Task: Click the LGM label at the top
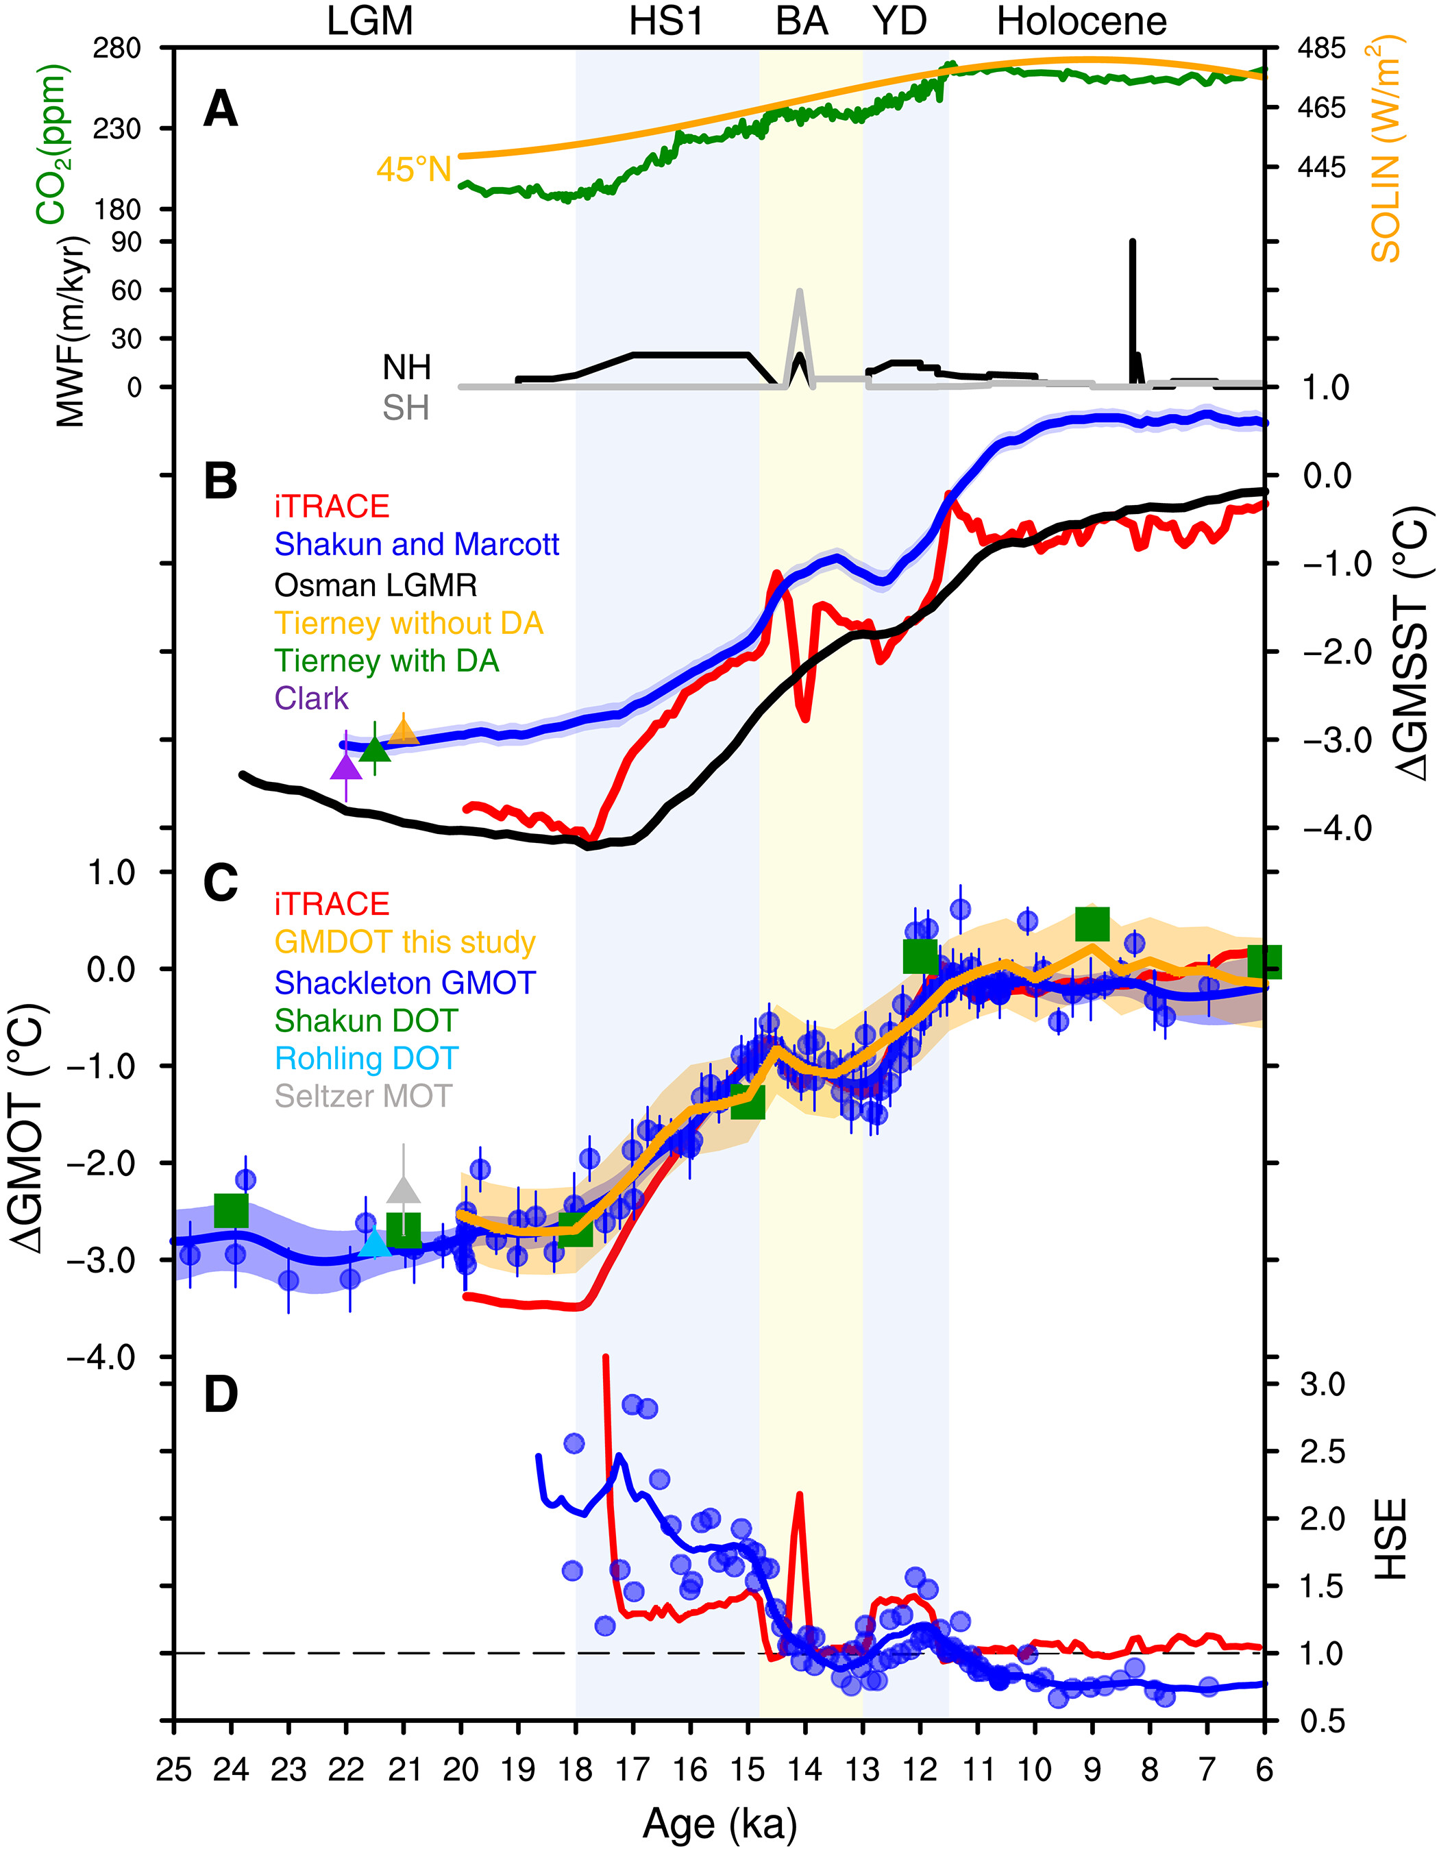(370, 21)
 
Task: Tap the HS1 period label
(666, 21)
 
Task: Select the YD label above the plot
(900, 21)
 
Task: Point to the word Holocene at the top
(1082, 21)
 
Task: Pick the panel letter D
(221, 1395)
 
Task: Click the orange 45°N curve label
(414, 170)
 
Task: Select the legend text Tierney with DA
(387, 661)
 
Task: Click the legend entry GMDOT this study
(404, 942)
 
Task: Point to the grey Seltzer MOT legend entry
(363, 1097)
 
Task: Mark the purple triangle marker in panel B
(346, 767)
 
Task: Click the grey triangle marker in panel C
(404, 1190)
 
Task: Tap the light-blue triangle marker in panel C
(374, 1242)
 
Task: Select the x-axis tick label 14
(805, 1770)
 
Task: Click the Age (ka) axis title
(719, 1824)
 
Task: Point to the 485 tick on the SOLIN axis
(1321, 48)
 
